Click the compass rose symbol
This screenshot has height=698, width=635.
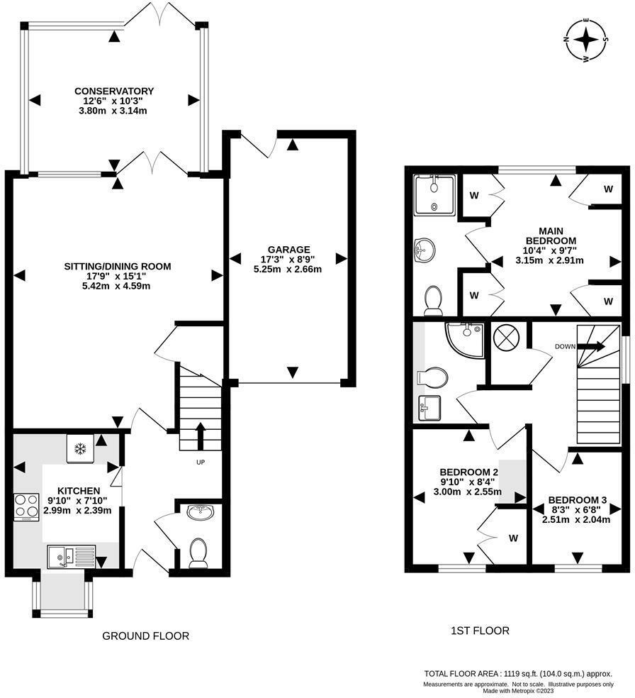point(587,40)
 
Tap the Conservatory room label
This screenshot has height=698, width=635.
point(114,91)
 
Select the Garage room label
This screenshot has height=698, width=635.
point(288,249)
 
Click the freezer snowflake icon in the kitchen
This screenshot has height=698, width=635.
point(80,449)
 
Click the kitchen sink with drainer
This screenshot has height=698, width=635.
point(72,556)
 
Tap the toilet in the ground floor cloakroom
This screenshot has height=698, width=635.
point(198,553)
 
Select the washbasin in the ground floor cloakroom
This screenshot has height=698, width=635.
point(201,512)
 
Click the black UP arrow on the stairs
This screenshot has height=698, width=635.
point(200,436)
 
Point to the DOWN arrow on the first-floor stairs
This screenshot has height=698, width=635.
point(591,346)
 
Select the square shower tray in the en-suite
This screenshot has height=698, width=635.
point(434,195)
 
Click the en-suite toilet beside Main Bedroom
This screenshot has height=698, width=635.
point(433,300)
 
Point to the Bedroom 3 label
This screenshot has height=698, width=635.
point(577,500)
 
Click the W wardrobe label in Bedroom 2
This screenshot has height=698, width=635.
point(513,538)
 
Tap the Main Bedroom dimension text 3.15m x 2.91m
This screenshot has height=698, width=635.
point(550,260)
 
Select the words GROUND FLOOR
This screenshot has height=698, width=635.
point(145,636)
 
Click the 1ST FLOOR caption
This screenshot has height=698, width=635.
point(481,631)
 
